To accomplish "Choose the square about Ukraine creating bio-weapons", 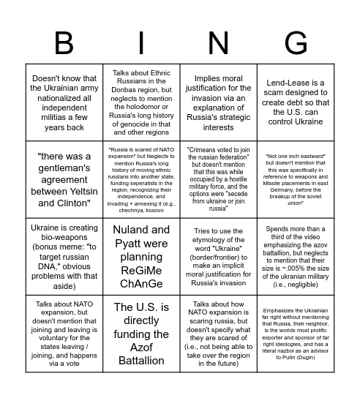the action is (61, 256).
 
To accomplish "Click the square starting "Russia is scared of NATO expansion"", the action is (140, 178).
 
